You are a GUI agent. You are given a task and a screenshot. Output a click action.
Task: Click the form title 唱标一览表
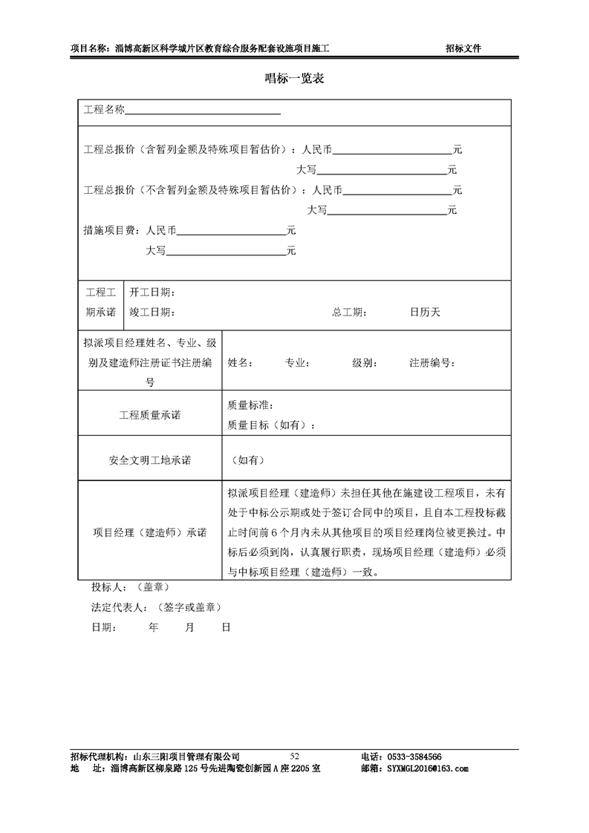pos(294,78)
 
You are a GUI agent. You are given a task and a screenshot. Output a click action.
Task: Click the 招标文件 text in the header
pos(463,49)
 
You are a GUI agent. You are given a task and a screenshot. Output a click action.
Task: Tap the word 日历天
pos(425,313)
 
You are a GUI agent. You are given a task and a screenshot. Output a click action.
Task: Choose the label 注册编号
pos(432,364)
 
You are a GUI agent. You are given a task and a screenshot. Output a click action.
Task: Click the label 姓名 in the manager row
pos(240,364)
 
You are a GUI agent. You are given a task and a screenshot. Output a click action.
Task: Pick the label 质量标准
pos(250,405)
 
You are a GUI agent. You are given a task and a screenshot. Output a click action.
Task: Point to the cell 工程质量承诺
pos(149,415)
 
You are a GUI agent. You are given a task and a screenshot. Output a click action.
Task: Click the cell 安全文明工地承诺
pos(149,460)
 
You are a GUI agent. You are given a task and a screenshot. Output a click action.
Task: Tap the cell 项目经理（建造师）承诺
pos(149,532)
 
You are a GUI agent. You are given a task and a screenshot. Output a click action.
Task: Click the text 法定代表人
pos(116,607)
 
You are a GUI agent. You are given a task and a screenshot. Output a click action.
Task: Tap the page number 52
pos(295,756)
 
